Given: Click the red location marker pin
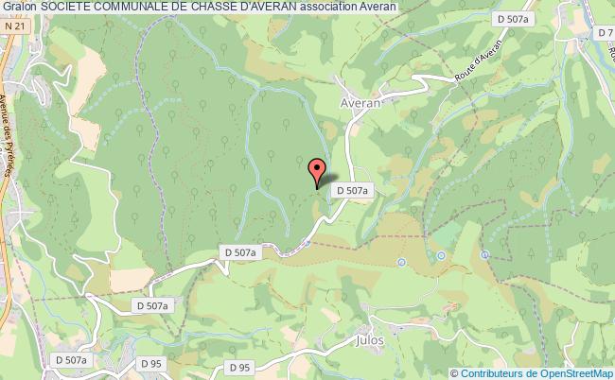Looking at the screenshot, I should [318, 169].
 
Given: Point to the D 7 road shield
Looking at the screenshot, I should [606, 34].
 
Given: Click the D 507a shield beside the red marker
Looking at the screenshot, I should [350, 190].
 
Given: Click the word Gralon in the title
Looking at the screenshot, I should [19, 7].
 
